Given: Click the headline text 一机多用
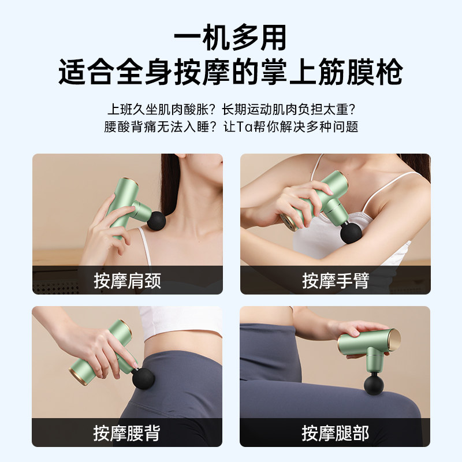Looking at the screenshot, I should [230, 39].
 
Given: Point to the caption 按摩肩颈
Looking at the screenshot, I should [127, 281].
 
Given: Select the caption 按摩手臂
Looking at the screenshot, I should [335, 281].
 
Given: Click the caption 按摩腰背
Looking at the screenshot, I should [127, 433].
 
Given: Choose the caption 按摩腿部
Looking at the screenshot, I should [335, 433].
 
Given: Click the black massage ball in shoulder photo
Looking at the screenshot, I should [155, 221].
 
